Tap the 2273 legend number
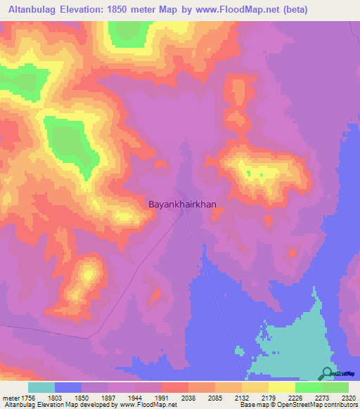point(321,397)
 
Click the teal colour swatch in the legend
point(41,387)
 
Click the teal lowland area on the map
point(288,344)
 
